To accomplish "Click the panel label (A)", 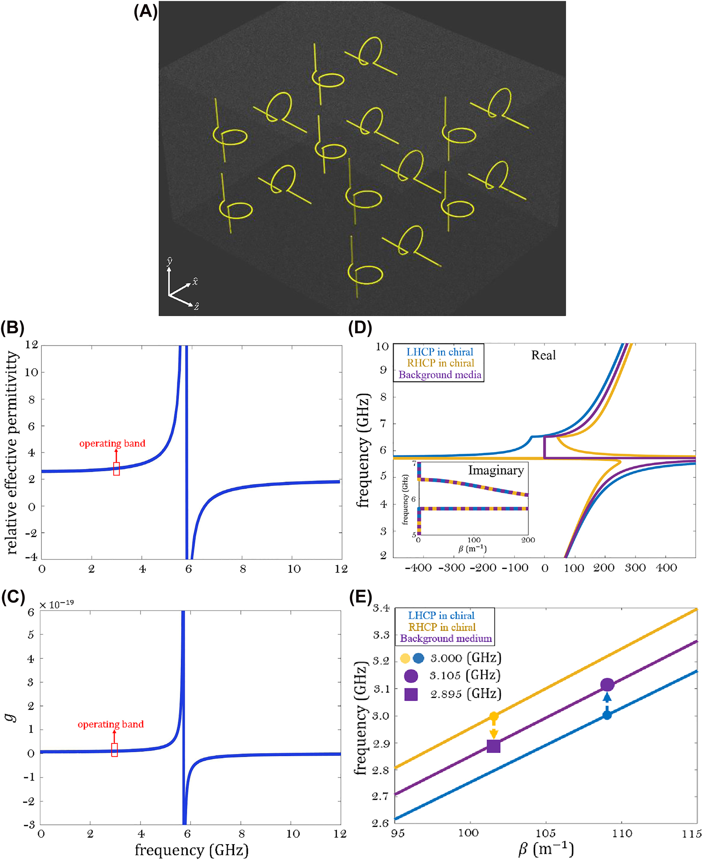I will point(145,11).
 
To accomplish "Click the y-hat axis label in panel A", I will point(170,261).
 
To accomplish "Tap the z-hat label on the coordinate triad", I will point(196,306).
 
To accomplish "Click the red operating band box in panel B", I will point(116,469).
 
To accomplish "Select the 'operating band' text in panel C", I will point(111,724).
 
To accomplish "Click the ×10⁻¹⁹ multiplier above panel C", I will point(56,605).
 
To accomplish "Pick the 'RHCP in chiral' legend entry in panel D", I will point(440,363).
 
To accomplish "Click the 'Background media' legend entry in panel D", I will point(440,375).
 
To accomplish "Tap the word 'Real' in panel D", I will point(543,355).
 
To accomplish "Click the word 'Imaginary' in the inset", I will point(496,470).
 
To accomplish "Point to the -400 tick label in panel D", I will point(418,568).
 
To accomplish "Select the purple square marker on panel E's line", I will point(494,746).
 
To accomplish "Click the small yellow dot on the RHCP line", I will point(494,716).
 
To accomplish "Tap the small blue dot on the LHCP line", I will point(607,715).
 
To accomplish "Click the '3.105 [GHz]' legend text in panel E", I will point(465,675).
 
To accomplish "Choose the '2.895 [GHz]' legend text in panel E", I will point(465,694).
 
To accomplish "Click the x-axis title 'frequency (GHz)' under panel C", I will point(191,850).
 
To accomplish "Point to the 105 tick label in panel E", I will point(545,833).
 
